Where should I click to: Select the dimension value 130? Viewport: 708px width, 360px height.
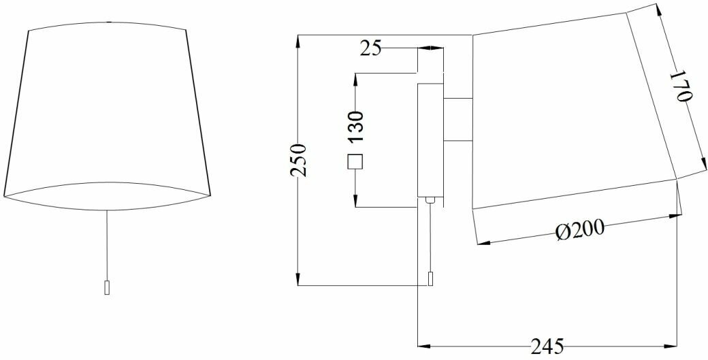click(355, 126)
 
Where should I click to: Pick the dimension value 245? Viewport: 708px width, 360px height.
click(547, 347)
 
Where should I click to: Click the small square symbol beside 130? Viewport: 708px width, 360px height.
click(355, 163)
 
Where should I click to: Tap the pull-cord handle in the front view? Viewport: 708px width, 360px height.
click(106, 287)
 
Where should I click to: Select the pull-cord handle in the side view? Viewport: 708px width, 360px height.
click(430, 279)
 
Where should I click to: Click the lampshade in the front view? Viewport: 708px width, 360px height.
click(107, 109)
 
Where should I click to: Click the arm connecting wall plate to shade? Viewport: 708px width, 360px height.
click(458, 120)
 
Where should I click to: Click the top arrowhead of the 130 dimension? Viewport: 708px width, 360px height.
click(355, 79)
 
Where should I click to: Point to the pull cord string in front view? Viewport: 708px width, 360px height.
click(107, 245)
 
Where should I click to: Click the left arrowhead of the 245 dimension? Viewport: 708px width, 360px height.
click(423, 344)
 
